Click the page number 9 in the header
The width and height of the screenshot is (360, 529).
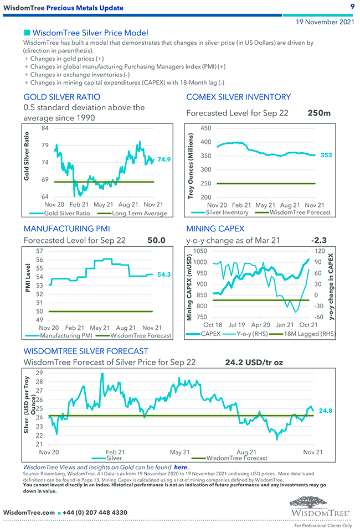click(x=352, y=7)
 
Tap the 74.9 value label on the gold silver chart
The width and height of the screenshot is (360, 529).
click(x=163, y=159)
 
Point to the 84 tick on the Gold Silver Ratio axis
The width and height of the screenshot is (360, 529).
click(x=45, y=128)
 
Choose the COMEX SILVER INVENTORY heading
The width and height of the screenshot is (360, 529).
click(x=238, y=97)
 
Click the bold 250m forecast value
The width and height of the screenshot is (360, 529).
click(x=319, y=113)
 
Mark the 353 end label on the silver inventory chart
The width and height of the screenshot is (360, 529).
click(x=326, y=155)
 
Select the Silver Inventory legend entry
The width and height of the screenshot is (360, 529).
click(x=227, y=212)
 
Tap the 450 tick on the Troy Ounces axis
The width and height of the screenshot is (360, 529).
click(x=206, y=128)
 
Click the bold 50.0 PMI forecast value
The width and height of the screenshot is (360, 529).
click(x=156, y=240)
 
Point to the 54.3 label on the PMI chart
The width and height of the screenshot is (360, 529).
click(x=163, y=274)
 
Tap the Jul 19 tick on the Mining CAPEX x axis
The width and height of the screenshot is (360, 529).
click(x=236, y=325)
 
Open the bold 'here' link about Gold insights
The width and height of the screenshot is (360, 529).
click(x=180, y=468)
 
